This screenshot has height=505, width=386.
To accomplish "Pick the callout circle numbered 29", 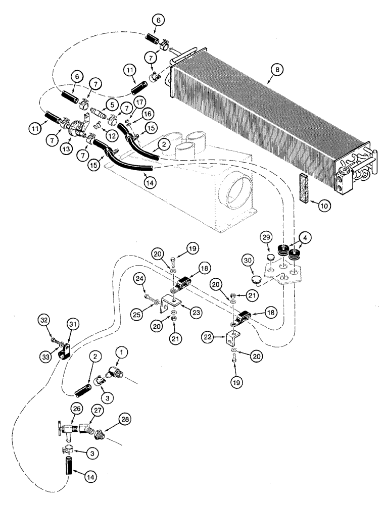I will point(268,237).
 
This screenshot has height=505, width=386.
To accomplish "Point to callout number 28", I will point(125,419).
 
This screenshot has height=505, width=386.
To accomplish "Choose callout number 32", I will point(44,320).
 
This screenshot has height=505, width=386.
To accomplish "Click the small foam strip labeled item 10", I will point(304,181).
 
